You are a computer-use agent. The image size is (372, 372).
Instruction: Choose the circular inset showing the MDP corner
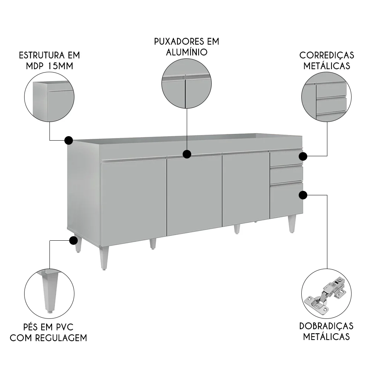pyautogui.click(x=49, y=98)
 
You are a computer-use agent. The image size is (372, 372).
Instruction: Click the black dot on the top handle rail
pyautogui.click(x=187, y=154)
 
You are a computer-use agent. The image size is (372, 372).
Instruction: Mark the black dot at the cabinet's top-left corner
pyautogui.click(x=68, y=140)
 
